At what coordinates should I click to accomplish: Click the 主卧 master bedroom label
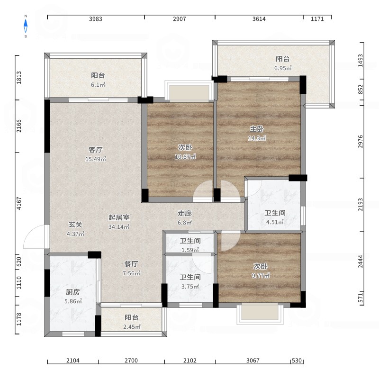coord(257,129)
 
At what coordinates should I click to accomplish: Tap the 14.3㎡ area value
coord(257,138)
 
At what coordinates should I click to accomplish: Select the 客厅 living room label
coord(96,150)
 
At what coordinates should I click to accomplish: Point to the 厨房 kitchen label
coord(73,292)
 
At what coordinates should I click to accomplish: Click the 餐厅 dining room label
coord(131,264)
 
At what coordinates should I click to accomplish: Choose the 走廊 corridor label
coord(185,213)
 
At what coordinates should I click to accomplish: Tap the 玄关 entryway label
coord(75,225)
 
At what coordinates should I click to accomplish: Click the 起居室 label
coord(119,217)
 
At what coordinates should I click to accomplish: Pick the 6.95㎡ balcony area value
coord(283,68)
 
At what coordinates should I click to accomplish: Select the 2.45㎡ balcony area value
coord(132,327)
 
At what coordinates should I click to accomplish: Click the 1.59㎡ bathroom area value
coord(190,250)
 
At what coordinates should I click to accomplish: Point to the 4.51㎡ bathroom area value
coord(275,222)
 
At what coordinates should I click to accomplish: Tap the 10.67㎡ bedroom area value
coord(185,157)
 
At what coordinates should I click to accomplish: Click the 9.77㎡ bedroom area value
coord(261,276)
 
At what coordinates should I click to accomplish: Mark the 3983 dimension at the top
coord(96,19)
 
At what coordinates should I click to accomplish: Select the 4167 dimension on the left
coord(19,203)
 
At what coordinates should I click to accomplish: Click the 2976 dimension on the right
coord(361,142)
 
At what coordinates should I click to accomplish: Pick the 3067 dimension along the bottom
coord(253,361)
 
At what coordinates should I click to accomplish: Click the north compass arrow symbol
coord(26,26)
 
